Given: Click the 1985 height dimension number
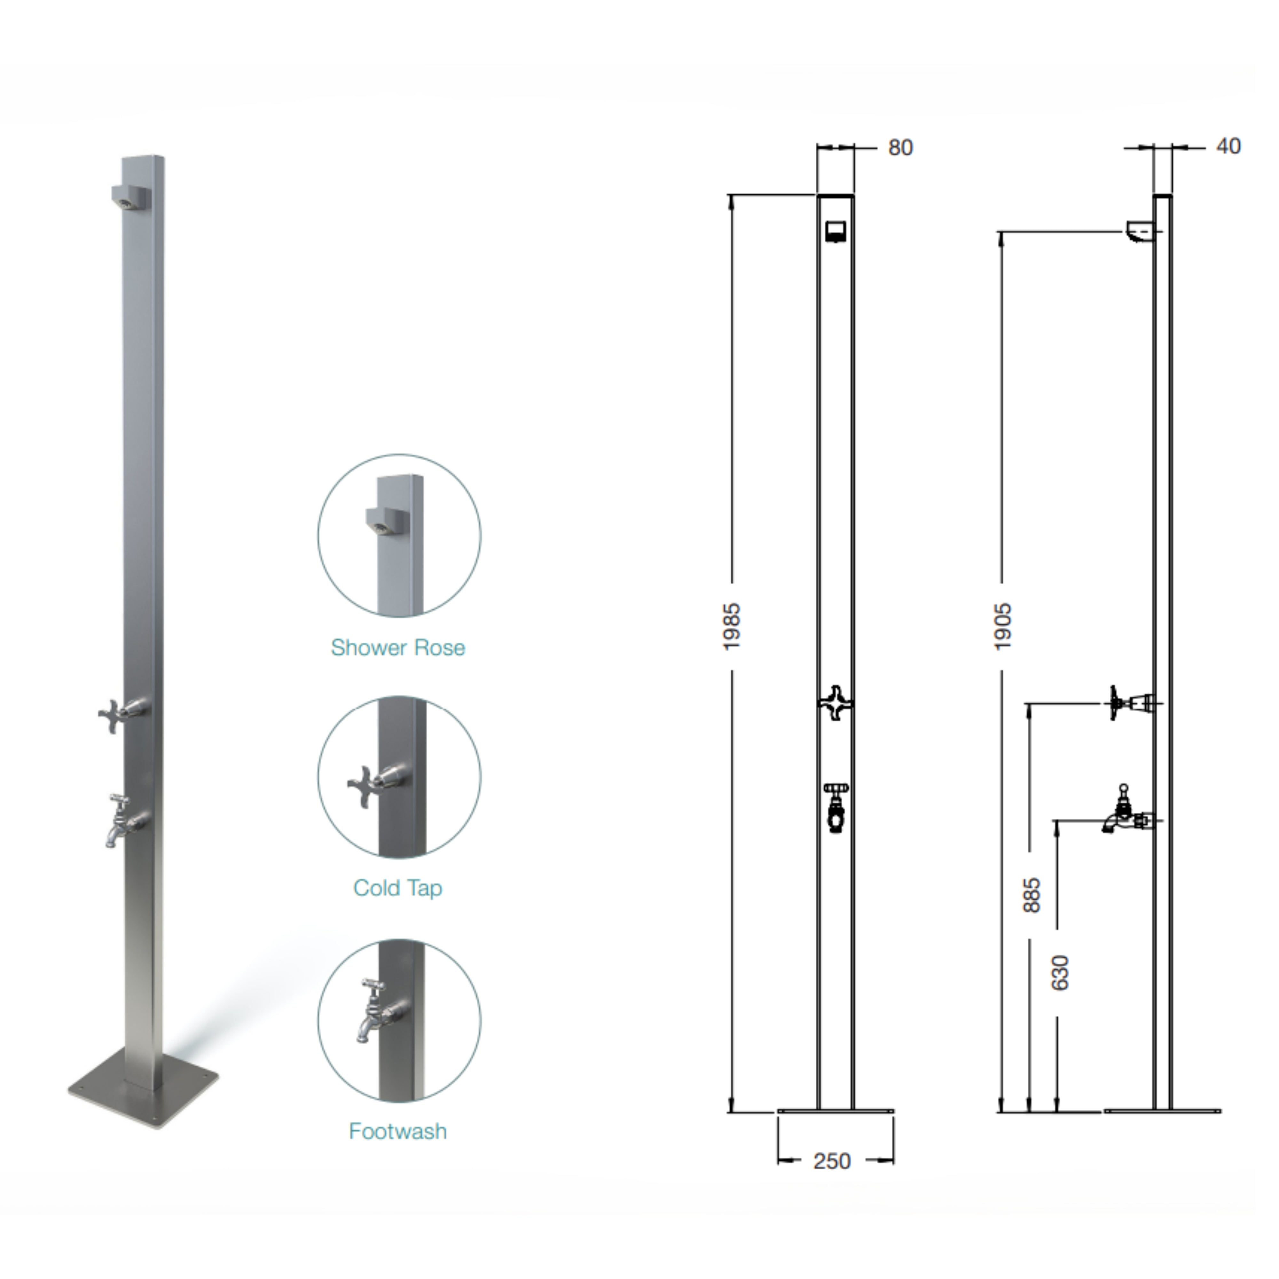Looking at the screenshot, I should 732,626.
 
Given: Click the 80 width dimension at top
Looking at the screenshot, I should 900,148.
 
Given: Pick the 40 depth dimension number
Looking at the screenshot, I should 1228,146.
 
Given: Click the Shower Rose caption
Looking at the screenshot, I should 398,647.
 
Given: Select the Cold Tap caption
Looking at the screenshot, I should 398,888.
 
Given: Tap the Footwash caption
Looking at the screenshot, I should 398,1131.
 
